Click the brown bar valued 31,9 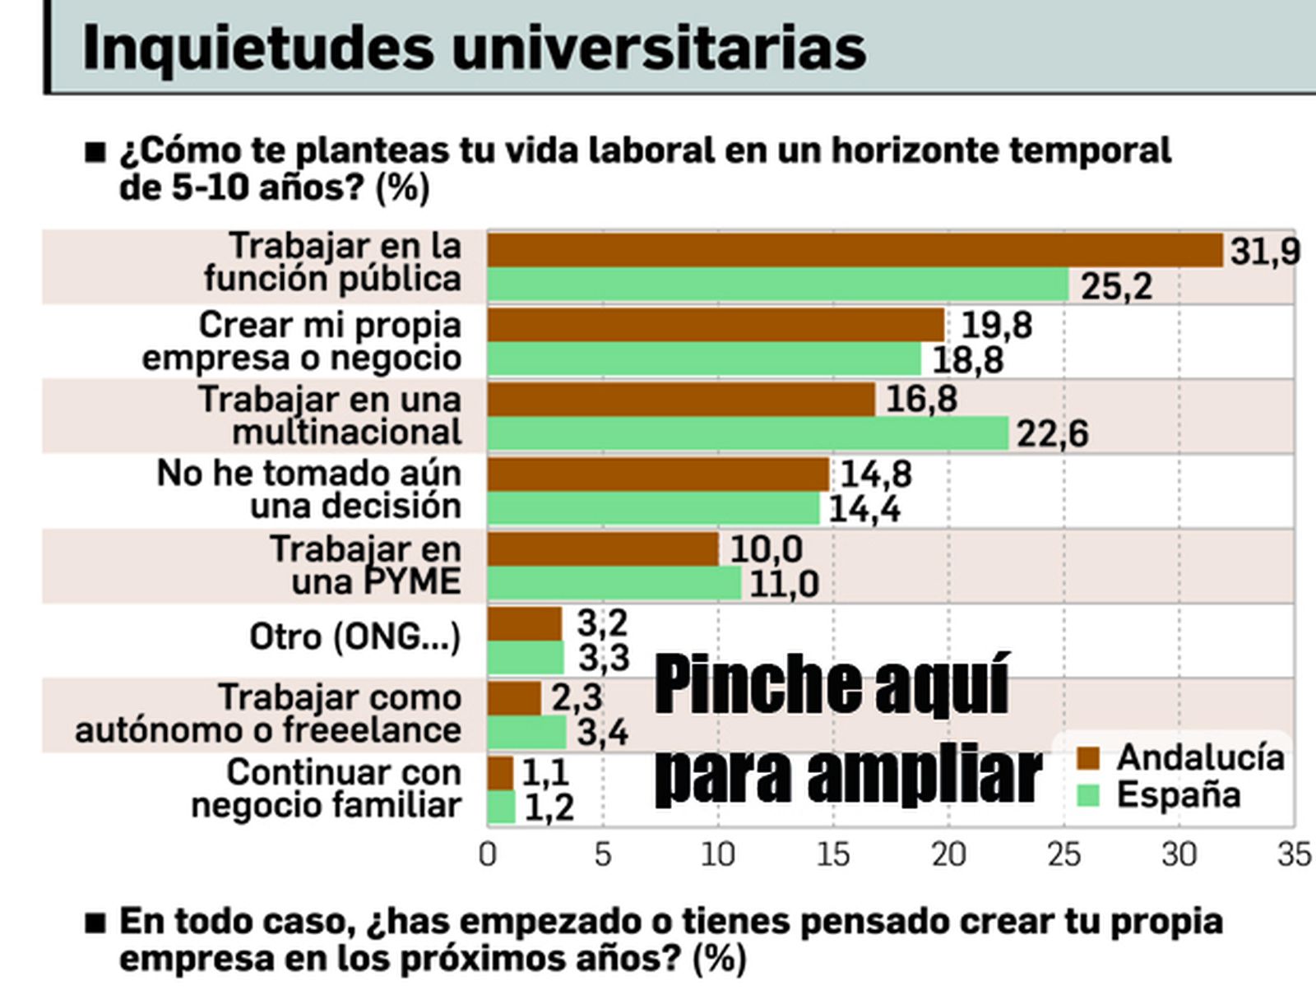(x=855, y=251)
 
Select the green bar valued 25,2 (x=778, y=285)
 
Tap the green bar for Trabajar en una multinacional (x=748, y=433)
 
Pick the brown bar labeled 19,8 (x=716, y=325)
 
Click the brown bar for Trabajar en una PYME (x=603, y=549)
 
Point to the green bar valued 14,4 (x=654, y=508)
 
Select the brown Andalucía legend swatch (x=1088, y=758)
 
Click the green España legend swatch (x=1088, y=795)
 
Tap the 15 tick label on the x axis (x=832, y=855)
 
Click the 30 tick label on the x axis (x=1179, y=855)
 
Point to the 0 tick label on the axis (x=488, y=855)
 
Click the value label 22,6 (x=1053, y=434)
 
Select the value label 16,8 (x=922, y=400)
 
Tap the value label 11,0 (x=785, y=585)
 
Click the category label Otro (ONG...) (x=354, y=637)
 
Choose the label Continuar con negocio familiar (x=327, y=789)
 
